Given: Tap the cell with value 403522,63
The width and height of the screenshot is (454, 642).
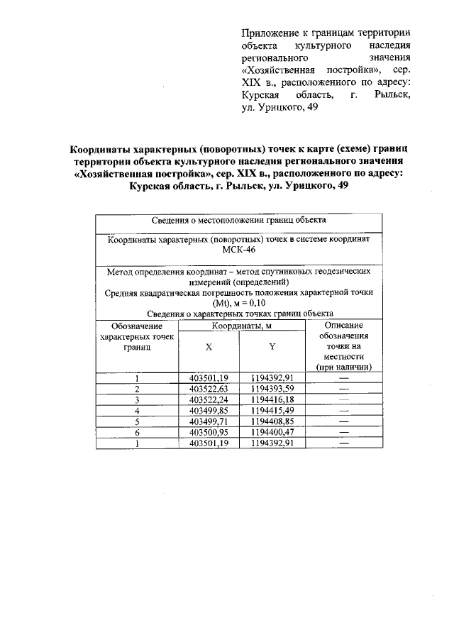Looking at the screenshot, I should (209, 388).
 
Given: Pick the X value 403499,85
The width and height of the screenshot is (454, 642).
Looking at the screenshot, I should (209, 410).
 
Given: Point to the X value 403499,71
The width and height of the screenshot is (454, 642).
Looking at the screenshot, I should (209, 421).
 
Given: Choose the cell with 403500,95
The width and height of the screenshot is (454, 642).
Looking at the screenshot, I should (209, 432).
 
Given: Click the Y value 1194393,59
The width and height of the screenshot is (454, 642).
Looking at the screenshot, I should (272, 388).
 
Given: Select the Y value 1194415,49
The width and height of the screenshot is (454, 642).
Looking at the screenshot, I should (272, 410).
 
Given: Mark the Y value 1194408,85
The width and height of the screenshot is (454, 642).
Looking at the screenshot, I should (272, 421).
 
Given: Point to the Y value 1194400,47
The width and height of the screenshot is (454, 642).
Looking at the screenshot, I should (272, 432).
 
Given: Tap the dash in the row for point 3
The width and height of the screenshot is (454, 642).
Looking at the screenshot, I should (344, 399).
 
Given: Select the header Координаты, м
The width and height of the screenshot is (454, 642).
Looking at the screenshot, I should (241, 325).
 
